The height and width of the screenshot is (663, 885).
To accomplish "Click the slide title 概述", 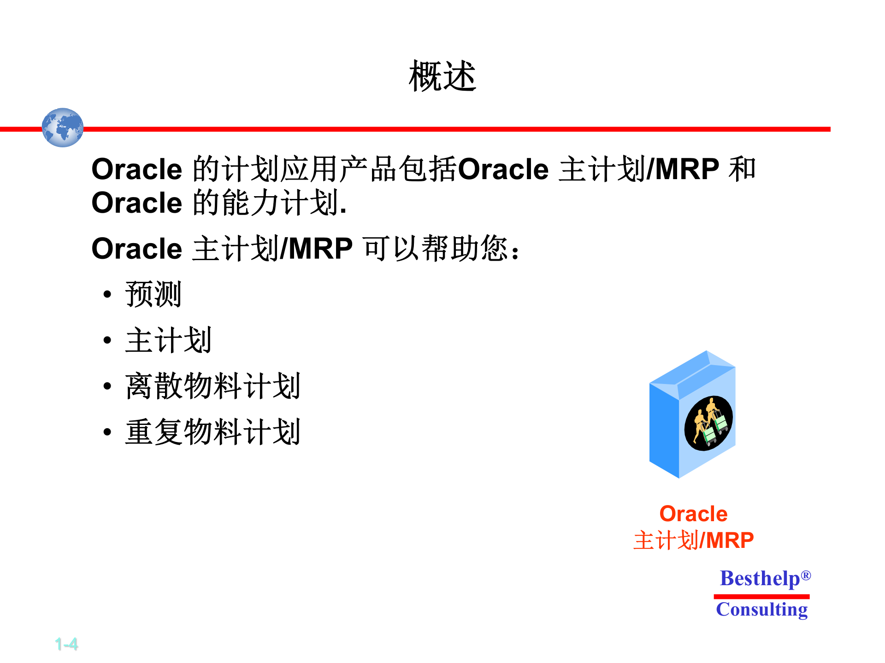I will coord(442,76).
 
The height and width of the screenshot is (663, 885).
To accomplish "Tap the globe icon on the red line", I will coord(63,128).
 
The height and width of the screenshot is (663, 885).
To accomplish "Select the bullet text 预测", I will coord(153,294).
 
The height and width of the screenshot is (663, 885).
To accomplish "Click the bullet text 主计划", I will coord(168,340).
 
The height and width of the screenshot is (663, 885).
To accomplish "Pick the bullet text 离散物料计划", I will coord(212,386).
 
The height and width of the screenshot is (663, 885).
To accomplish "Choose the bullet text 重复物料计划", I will coord(212,432).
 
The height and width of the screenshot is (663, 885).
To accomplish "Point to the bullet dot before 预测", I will coord(107,294).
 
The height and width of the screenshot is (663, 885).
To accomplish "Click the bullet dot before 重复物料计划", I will coord(107,432).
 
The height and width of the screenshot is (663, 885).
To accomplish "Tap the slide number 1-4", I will coord(66,644).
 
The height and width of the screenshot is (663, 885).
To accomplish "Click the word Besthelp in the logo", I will coord(760,579).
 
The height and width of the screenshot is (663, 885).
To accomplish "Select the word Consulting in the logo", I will coord(761,610).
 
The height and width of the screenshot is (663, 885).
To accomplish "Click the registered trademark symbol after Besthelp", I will coord(806,576).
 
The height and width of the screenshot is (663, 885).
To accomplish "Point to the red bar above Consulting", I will coord(761,596).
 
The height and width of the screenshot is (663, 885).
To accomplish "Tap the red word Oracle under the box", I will coord(693,514).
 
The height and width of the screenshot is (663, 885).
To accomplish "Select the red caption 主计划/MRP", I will coord(693,540).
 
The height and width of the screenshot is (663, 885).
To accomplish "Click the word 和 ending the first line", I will coord(742,169).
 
